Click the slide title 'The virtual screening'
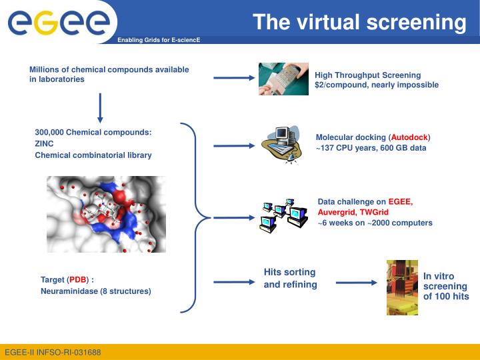pos(359,23)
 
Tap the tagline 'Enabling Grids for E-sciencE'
pos(159,41)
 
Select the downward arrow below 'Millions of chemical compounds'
pos(100,108)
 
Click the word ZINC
pos(44,143)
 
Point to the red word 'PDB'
pos(78,280)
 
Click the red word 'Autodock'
pos(409,137)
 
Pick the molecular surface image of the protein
pos(106,214)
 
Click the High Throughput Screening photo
pos(283,79)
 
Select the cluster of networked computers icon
pos(283,215)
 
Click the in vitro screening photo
pos(402,287)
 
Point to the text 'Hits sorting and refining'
pos(290,278)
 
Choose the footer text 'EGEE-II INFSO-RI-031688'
pos(53,351)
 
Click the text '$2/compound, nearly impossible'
pos(377,85)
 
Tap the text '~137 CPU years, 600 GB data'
pos(371,148)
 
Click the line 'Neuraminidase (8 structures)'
pos(95,291)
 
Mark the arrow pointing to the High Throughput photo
pos(233,79)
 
